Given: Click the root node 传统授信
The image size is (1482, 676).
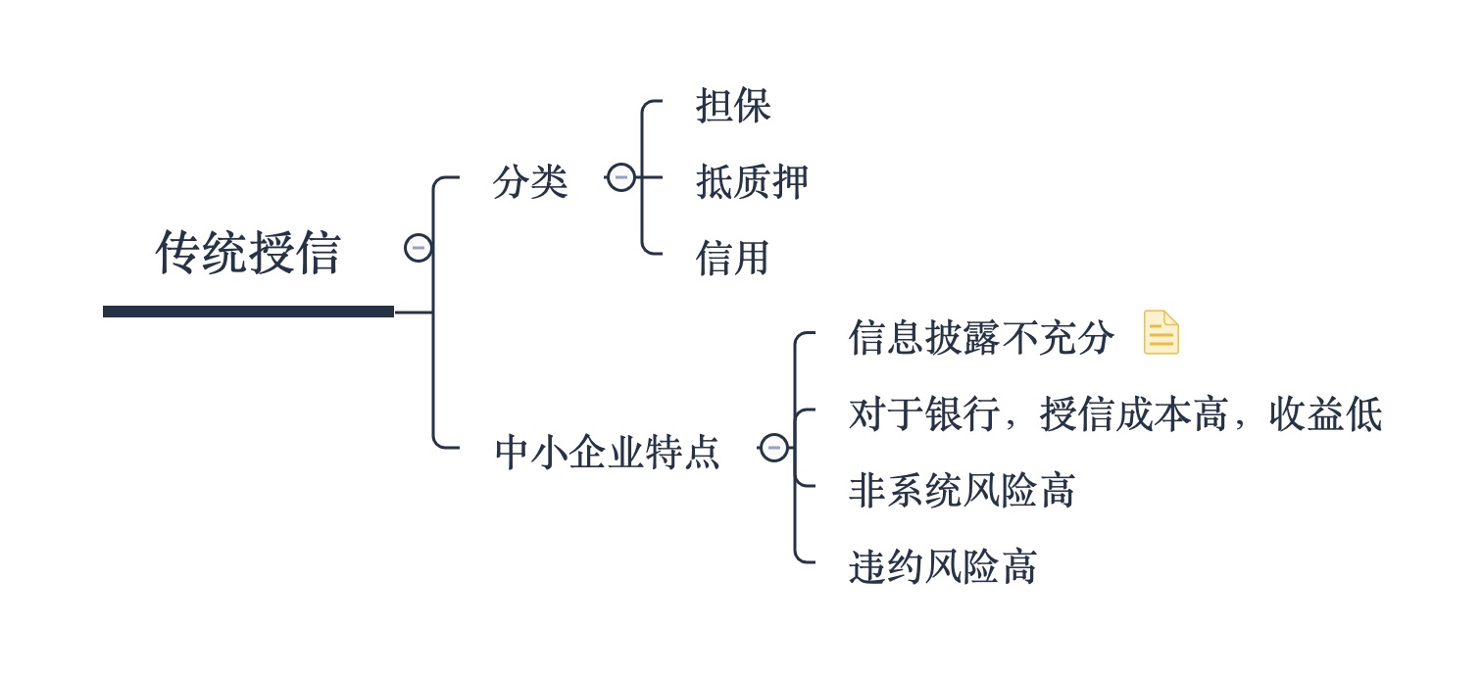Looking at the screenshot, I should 247,253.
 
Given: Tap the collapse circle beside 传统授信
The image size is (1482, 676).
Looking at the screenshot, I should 419,248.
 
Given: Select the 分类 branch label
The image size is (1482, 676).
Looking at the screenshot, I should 530,182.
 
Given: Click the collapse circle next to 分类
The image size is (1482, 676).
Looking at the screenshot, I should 621,177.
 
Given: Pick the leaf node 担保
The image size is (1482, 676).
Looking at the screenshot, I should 733,106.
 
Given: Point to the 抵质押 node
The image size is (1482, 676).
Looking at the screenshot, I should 752,182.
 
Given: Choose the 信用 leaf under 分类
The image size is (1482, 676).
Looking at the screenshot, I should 732,258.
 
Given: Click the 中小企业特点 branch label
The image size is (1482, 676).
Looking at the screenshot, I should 607,453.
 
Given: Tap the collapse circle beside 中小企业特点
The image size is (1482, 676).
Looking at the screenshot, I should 773,448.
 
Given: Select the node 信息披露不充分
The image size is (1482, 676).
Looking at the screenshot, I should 980,338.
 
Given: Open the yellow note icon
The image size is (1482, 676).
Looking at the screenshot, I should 1161,332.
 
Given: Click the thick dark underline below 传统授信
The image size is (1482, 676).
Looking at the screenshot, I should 248,312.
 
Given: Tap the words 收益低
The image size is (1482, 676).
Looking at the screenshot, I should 1325,414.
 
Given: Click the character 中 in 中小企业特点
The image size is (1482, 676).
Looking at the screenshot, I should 513,453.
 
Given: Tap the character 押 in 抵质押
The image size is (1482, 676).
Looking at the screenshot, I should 789,182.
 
